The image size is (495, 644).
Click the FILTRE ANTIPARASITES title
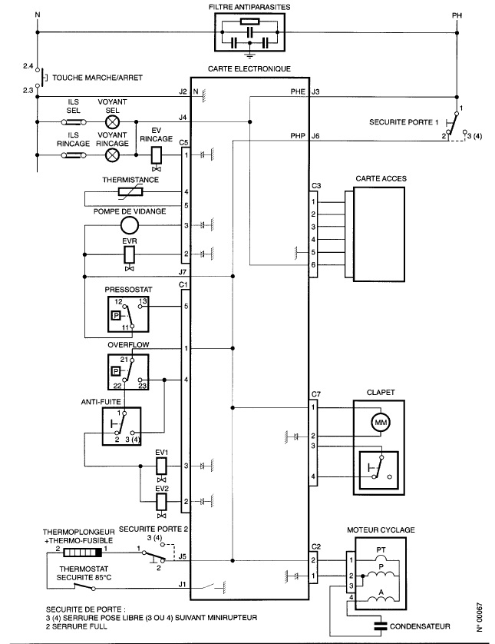click(x=249, y=7)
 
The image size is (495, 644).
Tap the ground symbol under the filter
click(x=249, y=53)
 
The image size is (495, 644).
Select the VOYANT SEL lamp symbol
click(x=112, y=122)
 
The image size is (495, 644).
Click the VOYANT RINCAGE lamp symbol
click(x=112, y=154)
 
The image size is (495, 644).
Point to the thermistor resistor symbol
click(x=130, y=192)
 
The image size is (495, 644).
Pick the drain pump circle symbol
click(x=130, y=225)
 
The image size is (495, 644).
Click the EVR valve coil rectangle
click(x=130, y=254)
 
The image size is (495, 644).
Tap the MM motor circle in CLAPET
click(x=381, y=422)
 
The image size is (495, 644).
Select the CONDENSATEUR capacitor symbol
click(x=381, y=626)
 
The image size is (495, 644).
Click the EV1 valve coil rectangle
click(x=162, y=466)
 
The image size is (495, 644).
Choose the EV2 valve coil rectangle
click(x=162, y=502)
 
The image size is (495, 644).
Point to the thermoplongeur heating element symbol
click(x=82, y=553)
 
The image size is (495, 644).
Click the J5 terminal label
click(x=183, y=556)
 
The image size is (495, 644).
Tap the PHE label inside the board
click(x=298, y=91)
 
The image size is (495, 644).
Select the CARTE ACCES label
click(x=381, y=178)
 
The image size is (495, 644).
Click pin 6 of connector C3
click(x=313, y=265)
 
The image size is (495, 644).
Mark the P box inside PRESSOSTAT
click(x=117, y=315)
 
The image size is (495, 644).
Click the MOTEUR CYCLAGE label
click(x=381, y=530)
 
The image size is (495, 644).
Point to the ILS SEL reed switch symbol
click(x=74, y=122)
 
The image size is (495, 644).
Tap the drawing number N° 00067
click(x=480, y=617)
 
